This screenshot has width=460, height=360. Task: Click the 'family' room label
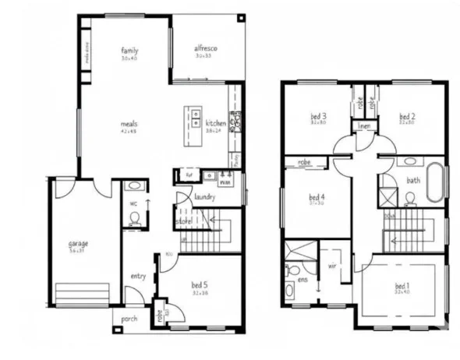click(x=129, y=51)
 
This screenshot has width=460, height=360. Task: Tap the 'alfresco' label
click(x=205, y=49)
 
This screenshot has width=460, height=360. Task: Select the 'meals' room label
click(x=129, y=123)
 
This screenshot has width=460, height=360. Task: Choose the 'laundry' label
click(x=204, y=197)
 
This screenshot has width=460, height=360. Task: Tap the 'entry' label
click(x=138, y=276)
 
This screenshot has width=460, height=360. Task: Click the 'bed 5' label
click(x=199, y=284)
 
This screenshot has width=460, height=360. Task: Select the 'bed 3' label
click(x=318, y=117)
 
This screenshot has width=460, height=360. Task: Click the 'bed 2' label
click(x=406, y=117)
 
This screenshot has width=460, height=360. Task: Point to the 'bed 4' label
click(x=317, y=197)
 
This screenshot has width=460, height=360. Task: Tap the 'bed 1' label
click(x=403, y=285)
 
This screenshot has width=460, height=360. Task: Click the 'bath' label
click(x=412, y=182)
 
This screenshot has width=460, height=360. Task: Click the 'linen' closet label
click(x=363, y=126)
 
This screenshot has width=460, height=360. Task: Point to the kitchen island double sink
click(x=192, y=117)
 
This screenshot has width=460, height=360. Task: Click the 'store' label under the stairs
click(x=184, y=221)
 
